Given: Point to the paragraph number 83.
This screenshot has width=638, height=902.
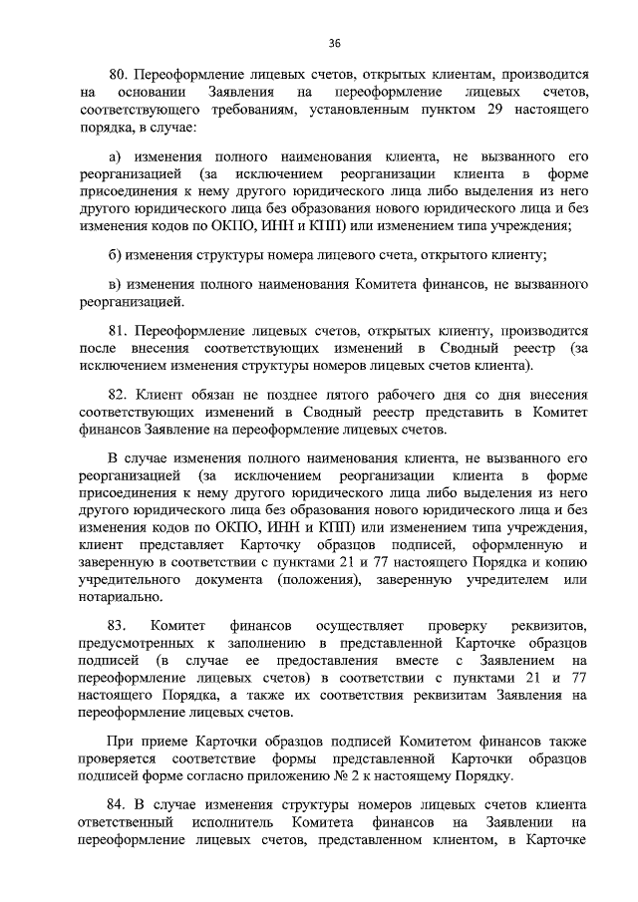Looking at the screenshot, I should [116, 625].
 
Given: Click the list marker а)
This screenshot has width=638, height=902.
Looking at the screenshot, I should [115, 157].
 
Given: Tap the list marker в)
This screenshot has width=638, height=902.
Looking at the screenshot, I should [115, 285].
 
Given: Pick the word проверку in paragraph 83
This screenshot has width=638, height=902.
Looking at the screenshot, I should [458, 625].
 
